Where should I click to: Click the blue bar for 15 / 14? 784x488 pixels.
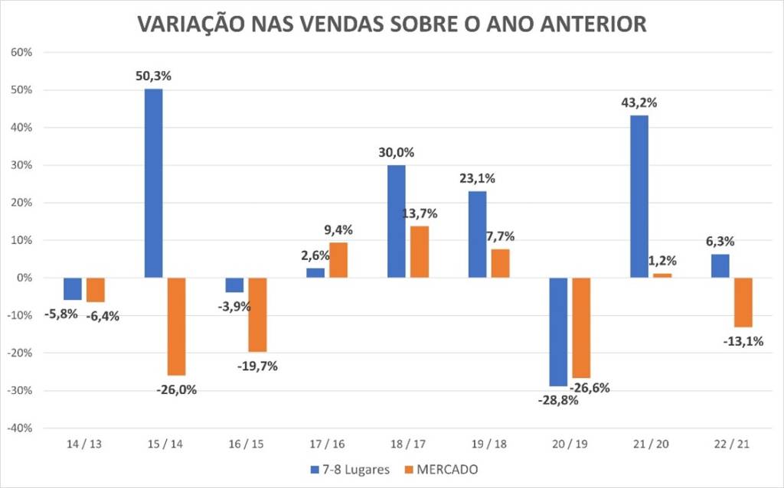(153, 183)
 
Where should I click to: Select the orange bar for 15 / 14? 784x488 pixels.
(177, 327)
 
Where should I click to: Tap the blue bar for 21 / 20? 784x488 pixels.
(639, 197)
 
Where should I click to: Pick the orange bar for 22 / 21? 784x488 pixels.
(743, 302)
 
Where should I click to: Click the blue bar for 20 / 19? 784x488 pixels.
(558, 331)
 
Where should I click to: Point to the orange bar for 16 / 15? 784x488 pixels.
(257, 314)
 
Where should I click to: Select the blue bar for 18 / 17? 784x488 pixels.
(396, 221)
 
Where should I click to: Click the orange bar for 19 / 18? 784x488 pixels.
(501, 263)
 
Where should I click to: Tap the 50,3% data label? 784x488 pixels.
(153, 76)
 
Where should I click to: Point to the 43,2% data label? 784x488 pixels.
(639, 102)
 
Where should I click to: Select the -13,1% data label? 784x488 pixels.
(743, 341)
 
